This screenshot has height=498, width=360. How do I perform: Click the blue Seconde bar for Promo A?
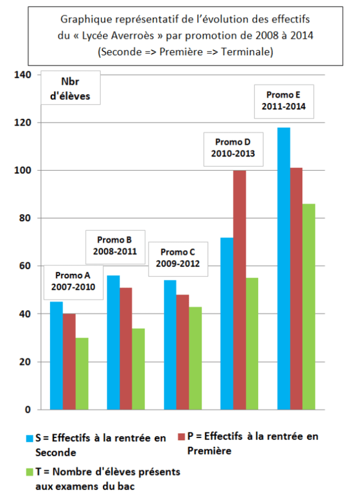(x=56, y=355)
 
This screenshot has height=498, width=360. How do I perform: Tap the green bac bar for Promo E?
(x=309, y=306)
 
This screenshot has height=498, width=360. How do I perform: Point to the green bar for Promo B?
(x=139, y=369)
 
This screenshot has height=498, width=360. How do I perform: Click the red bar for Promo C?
(x=182, y=352)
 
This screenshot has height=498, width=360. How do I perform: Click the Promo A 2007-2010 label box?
(x=73, y=282)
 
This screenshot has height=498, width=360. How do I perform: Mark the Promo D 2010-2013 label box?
(x=231, y=148)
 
